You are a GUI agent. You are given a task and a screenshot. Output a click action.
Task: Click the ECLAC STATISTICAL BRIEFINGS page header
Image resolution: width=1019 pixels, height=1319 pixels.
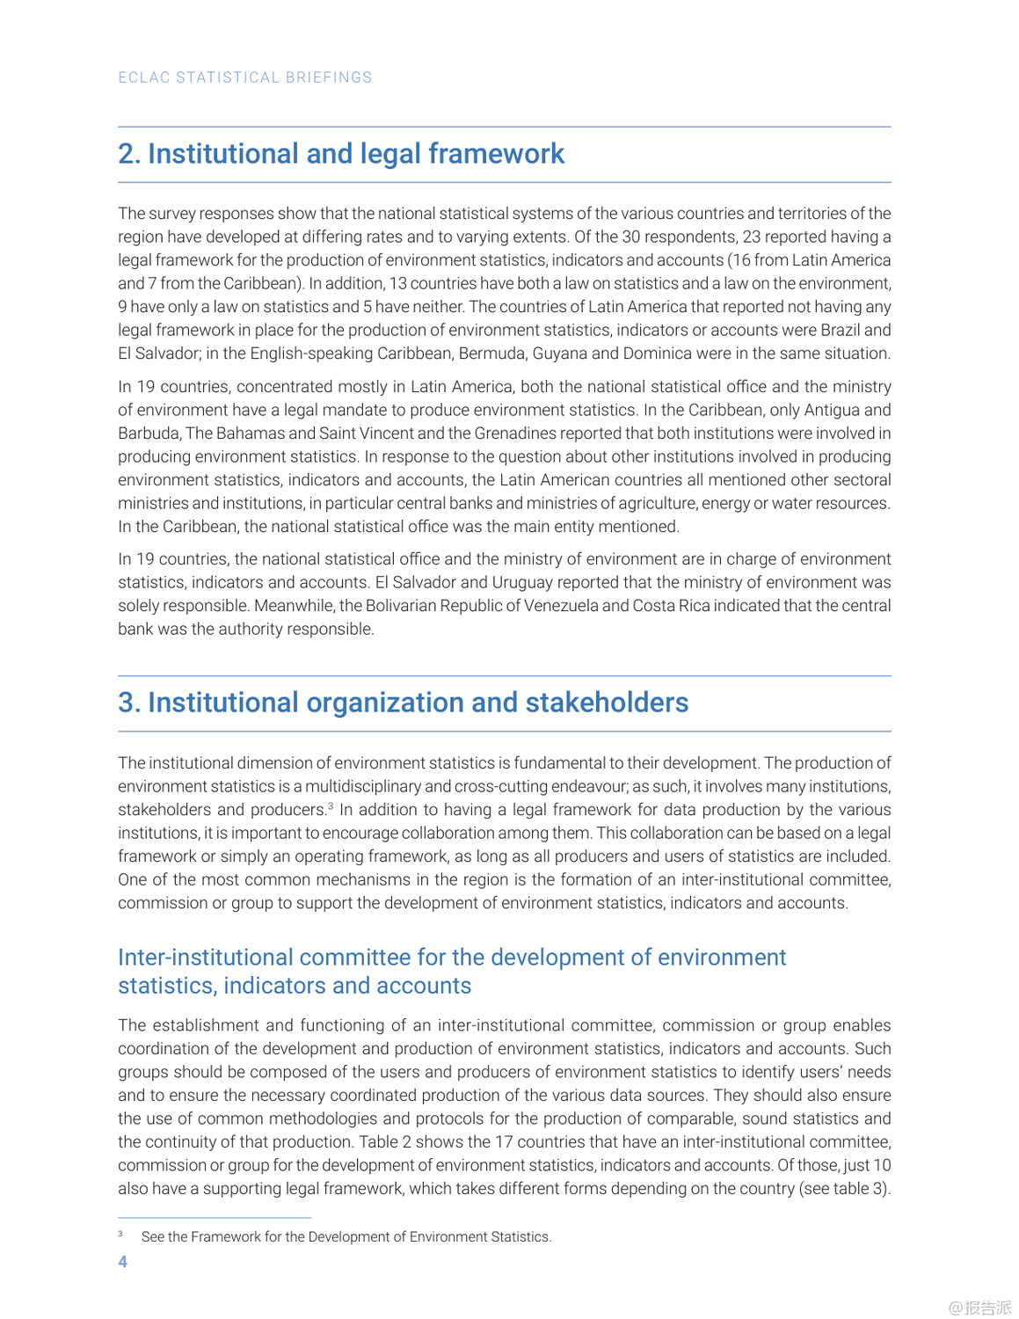(x=245, y=77)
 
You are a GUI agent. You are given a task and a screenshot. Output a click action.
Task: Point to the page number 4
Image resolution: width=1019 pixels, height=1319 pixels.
(x=123, y=1262)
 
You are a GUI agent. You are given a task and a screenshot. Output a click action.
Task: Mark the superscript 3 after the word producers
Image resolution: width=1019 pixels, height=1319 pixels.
(x=331, y=805)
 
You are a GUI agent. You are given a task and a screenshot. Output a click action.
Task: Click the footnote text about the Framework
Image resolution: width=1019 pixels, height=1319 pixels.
(x=346, y=1237)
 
